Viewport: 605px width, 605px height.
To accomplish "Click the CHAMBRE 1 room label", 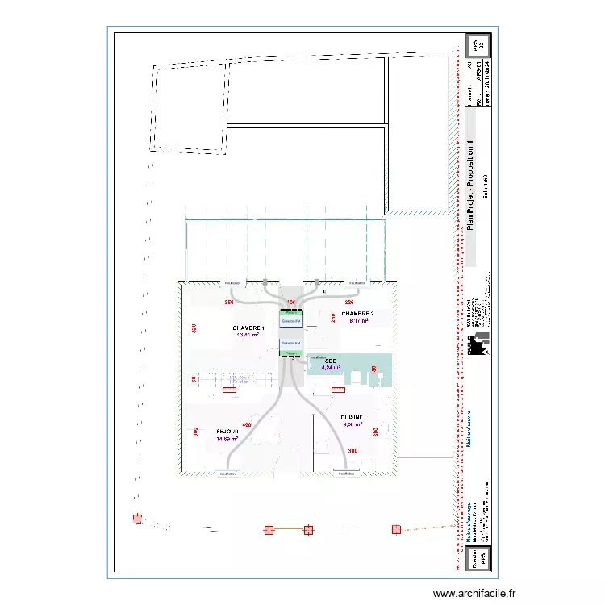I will pos(248,328).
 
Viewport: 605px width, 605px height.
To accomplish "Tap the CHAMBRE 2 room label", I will pos(357,313).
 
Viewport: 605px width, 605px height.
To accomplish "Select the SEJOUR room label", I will pos(227,432).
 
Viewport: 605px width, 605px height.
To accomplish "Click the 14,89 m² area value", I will pos(227,440).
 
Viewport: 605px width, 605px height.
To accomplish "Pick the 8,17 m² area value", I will pos(358,321).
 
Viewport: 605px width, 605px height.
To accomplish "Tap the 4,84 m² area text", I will pos(331,368).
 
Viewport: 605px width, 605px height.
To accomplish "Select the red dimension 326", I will pos(349,302).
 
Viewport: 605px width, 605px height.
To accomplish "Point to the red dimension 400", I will pos(247,425).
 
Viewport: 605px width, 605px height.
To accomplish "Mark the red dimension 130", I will pos(374,369).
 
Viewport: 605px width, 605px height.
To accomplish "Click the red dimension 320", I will pos(194,328).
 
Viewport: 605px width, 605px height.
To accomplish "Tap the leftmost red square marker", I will pos(138,519).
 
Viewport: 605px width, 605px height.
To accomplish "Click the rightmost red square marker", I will pos(396,529).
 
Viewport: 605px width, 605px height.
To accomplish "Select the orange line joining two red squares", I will pos(288,530).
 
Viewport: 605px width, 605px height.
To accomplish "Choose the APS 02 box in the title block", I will pos(476,45).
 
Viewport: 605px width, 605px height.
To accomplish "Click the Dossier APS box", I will pos(476,557).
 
